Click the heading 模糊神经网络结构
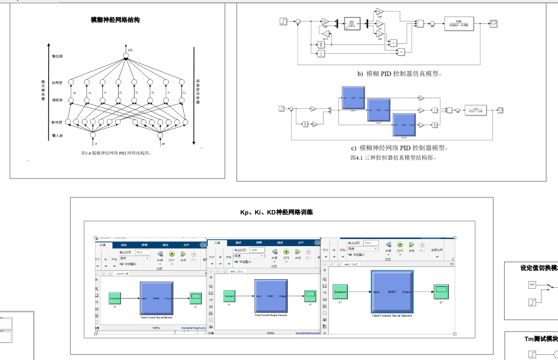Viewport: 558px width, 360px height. tap(115, 20)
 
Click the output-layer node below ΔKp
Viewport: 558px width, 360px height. tap(126, 56)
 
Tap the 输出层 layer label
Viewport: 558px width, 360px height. tap(57, 56)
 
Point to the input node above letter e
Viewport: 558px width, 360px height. tap(93, 136)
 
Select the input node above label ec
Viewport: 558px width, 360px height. tap(161, 136)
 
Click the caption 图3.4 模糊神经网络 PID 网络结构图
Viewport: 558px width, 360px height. tap(115, 153)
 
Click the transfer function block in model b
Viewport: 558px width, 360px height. tap(458, 23)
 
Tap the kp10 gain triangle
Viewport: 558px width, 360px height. tap(326, 33)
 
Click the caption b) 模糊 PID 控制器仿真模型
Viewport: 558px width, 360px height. tap(398, 74)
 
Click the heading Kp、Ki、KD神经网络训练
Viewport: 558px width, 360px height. tap(276, 213)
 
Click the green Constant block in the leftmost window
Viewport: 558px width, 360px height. tap(115, 299)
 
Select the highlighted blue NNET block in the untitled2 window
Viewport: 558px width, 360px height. tap(392, 292)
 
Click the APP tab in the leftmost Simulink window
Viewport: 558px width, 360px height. tap(186, 245)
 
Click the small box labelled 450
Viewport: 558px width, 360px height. tap(532, 285)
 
